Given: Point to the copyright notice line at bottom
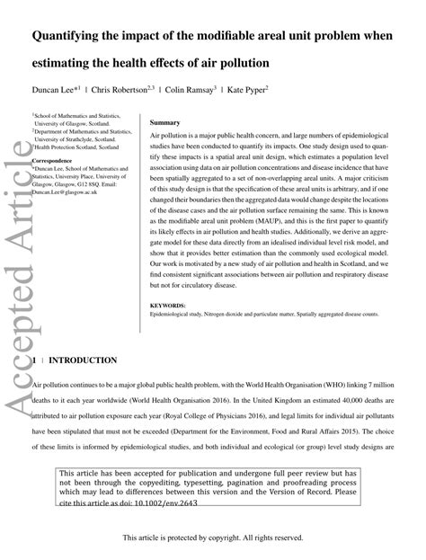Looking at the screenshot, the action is [x=213, y=538].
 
